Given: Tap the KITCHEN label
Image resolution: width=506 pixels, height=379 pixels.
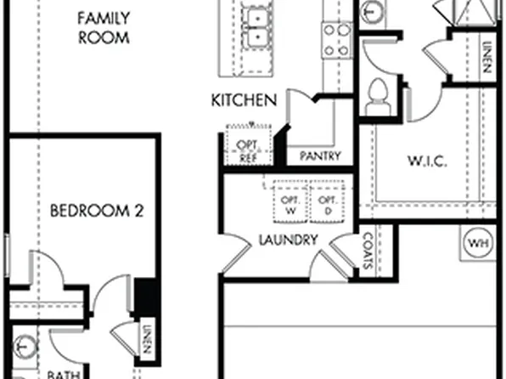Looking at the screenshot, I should (x=244, y=101).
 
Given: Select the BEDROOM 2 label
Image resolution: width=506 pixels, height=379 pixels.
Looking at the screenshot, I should (x=95, y=210).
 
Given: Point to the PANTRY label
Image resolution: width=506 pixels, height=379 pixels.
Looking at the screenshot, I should (x=320, y=156).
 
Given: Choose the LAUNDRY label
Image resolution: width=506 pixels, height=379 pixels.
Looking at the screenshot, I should (x=288, y=240).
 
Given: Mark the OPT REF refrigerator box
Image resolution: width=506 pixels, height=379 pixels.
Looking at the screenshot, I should (x=247, y=150).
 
